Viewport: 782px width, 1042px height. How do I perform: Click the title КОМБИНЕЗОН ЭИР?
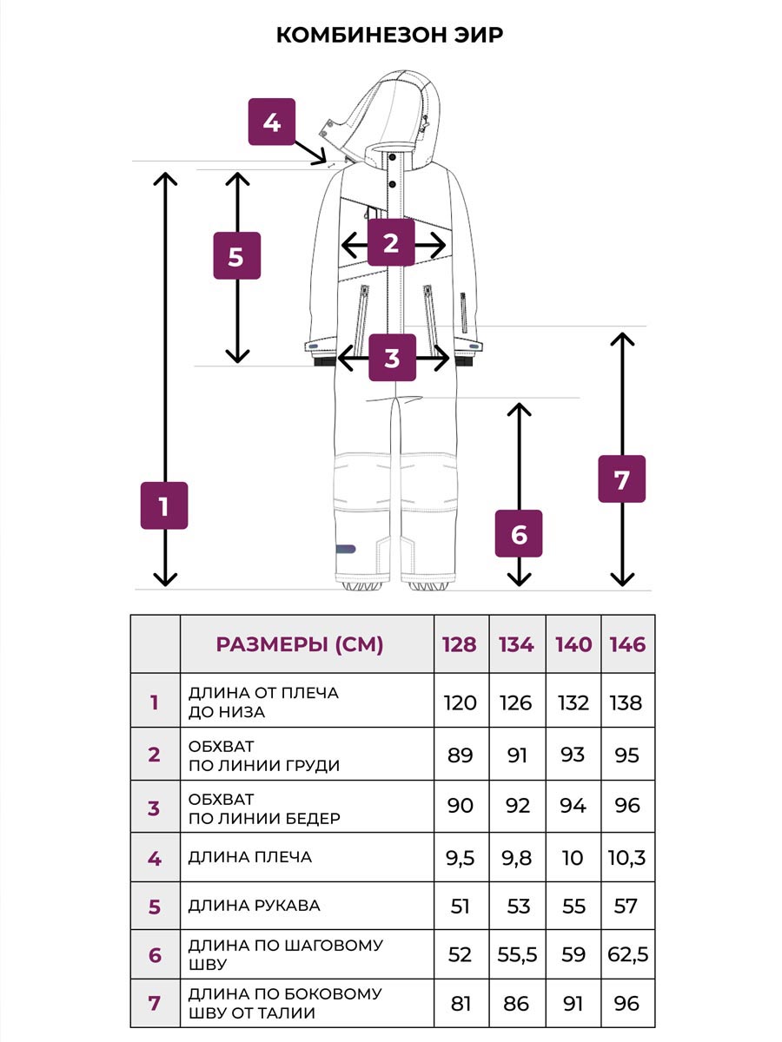(390, 35)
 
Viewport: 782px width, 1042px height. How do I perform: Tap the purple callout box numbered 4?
(272, 122)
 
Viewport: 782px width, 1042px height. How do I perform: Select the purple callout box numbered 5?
(236, 256)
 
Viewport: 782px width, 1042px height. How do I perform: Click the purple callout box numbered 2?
(391, 243)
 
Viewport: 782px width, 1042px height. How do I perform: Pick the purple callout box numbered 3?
(392, 357)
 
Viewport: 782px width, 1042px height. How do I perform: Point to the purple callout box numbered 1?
(164, 505)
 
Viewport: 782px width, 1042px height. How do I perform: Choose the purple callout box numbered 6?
(519, 534)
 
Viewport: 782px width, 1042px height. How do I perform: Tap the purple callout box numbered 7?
(621, 478)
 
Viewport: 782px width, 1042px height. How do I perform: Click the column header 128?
(460, 644)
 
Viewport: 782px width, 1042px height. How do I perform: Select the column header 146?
(627, 644)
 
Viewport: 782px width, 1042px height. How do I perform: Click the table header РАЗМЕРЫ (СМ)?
(299, 644)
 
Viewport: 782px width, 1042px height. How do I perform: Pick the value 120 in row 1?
(460, 702)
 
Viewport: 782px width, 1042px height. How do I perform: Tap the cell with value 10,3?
(627, 859)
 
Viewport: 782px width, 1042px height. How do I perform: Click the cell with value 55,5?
(517, 955)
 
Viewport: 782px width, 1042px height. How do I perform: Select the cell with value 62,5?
(627, 955)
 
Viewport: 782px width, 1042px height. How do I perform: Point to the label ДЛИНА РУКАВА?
(254, 906)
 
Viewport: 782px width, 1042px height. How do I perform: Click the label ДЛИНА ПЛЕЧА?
(249, 857)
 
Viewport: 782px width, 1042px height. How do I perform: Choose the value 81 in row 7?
(460, 1004)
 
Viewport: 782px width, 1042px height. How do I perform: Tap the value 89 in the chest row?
(460, 755)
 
